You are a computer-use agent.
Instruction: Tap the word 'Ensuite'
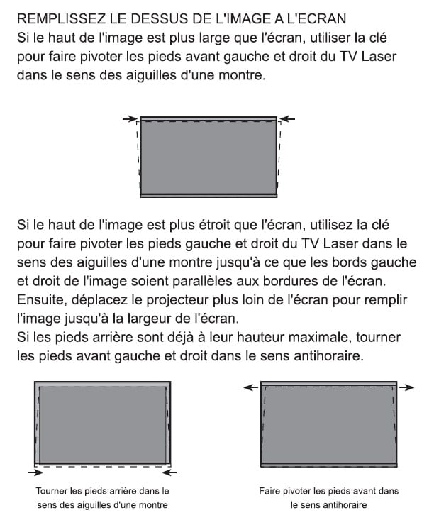(x=41, y=299)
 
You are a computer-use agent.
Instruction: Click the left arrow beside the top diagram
(x=128, y=118)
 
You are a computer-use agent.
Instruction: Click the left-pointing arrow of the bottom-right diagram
(x=250, y=387)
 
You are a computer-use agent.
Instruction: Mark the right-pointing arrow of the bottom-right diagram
(x=406, y=387)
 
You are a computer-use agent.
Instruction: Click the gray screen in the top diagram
(x=207, y=156)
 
